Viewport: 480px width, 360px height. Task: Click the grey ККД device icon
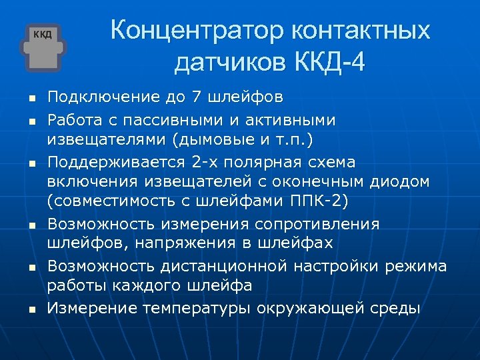point(43,48)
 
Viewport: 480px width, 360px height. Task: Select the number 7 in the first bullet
point(195,97)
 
